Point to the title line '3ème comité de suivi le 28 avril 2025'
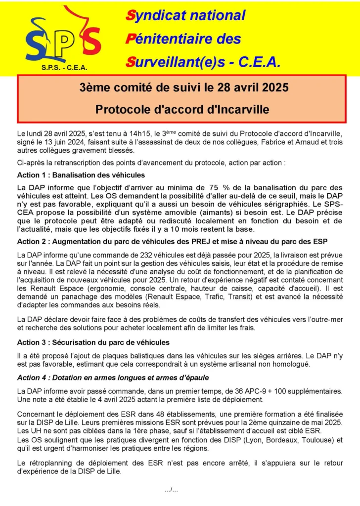coord(184,88)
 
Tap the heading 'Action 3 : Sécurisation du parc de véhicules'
coord(93,342)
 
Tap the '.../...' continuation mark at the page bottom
coord(171,490)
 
